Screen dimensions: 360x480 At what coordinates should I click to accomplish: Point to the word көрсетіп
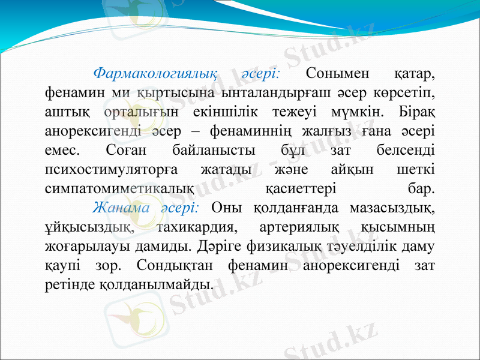404,93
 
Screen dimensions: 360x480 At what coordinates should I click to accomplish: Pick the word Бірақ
417,112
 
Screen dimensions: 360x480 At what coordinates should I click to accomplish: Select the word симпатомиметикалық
119,188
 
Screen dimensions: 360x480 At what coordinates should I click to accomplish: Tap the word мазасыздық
389,207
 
